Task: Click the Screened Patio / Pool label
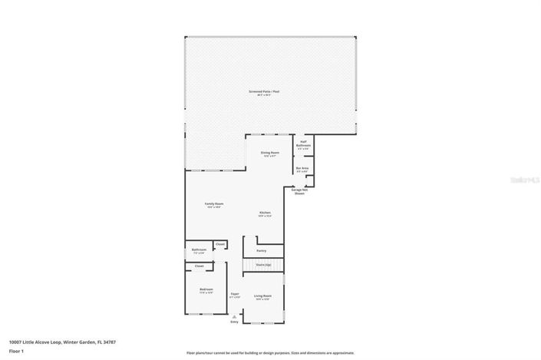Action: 263,91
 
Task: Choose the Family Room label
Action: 213,204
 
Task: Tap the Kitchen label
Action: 265,213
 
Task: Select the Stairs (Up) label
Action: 263,263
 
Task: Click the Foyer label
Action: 235,294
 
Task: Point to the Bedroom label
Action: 206,289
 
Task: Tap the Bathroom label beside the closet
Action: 198,249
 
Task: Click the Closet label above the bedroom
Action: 199,266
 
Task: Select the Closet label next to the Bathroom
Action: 219,244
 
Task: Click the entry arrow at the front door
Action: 234,316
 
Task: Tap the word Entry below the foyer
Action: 234,322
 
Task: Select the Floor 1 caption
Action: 15,351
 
